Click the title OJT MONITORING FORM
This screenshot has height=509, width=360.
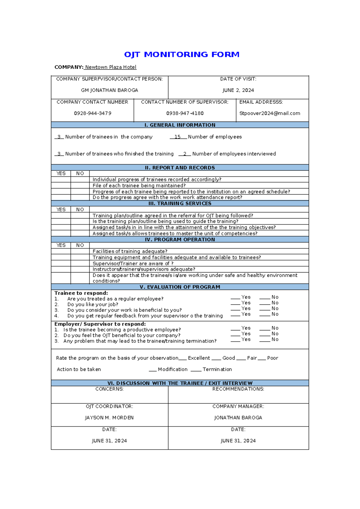pyautogui.click(x=181, y=54)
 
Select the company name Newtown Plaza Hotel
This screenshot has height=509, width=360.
pyautogui.click(x=111, y=67)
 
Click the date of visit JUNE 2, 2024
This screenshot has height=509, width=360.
pyautogui.click(x=238, y=90)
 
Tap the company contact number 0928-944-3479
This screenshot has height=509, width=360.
pyautogui.click(x=93, y=113)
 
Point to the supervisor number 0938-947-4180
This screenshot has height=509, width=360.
pyautogui.click(x=185, y=113)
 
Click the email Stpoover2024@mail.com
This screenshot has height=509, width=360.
pyautogui.click(x=269, y=113)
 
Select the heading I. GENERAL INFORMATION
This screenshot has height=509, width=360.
pyautogui.click(x=180, y=125)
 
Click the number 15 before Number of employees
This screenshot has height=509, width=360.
pyautogui.click(x=177, y=137)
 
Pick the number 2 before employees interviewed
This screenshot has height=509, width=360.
pyautogui.click(x=185, y=154)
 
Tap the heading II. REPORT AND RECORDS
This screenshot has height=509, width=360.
pyautogui.click(x=180, y=168)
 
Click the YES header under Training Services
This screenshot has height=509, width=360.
pyautogui.click(x=61, y=209)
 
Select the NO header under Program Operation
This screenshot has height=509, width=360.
pyautogui.click(x=80, y=245)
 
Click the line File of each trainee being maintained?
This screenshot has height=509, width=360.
pyautogui.click(x=139, y=185)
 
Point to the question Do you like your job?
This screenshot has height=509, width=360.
pyautogui.click(x=93, y=304)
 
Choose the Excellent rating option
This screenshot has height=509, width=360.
pyautogui.click(x=199, y=358)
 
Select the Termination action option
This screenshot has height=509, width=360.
pyautogui.click(x=217, y=369)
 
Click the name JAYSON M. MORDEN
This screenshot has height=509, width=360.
pyautogui.click(x=109, y=418)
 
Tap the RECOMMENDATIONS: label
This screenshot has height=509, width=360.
pyautogui.click(x=238, y=389)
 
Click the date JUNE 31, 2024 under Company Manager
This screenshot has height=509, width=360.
pyautogui.click(x=238, y=441)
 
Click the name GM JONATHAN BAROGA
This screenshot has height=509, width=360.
pyautogui.click(x=109, y=90)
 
